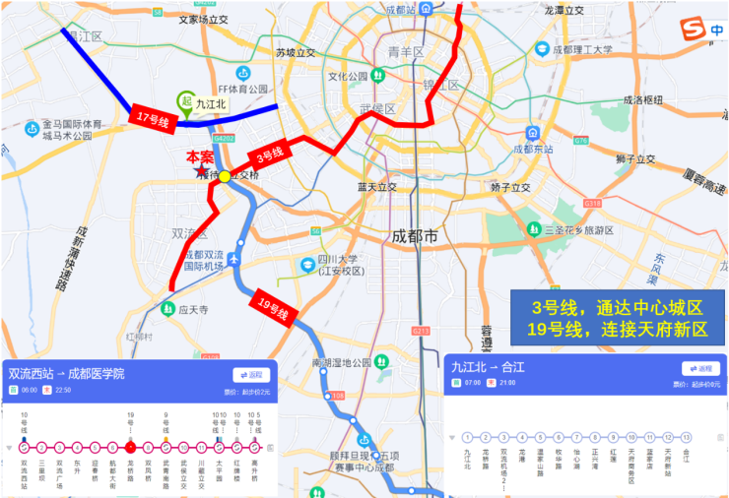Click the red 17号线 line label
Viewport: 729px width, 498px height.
(152, 118)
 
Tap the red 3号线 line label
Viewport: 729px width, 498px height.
(269, 154)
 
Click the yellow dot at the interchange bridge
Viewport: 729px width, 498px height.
(224, 176)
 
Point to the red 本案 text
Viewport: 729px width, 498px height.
(200, 156)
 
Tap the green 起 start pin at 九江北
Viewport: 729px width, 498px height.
(184, 100)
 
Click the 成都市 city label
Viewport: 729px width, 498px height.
(414, 236)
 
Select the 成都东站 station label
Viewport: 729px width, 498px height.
(534, 150)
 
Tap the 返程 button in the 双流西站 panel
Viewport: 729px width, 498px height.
(252, 374)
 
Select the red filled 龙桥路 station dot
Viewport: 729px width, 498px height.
(130, 447)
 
